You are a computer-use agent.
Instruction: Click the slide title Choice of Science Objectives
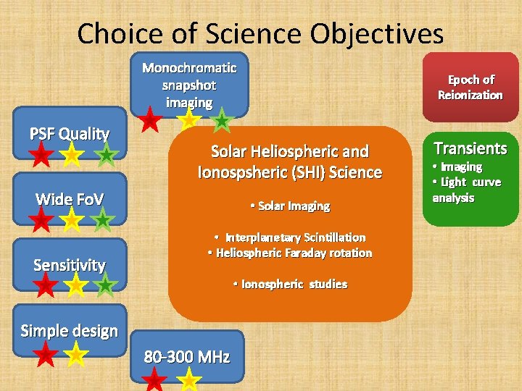(x=260, y=33)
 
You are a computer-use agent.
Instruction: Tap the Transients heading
(x=470, y=148)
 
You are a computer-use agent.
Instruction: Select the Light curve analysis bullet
(x=466, y=190)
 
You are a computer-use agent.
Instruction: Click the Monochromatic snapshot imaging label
(x=189, y=85)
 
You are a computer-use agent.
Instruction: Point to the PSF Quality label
(x=70, y=134)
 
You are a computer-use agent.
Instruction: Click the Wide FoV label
(x=70, y=199)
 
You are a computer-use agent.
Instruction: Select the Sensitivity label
(x=70, y=265)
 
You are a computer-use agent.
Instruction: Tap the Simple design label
(x=70, y=331)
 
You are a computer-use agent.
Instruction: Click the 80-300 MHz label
(x=187, y=356)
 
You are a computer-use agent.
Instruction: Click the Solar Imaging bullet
(x=289, y=206)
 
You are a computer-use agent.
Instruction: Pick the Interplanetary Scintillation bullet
(x=289, y=237)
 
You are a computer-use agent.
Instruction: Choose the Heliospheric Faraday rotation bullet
(x=289, y=253)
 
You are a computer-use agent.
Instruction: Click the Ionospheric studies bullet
(x=289, y=284)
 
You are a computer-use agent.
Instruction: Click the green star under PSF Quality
(x=107, y=154)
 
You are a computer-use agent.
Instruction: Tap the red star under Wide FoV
(x=42, y=219)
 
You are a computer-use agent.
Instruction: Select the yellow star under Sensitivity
(x=75, y=285)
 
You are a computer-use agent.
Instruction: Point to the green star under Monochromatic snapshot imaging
(x=222, y=122)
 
